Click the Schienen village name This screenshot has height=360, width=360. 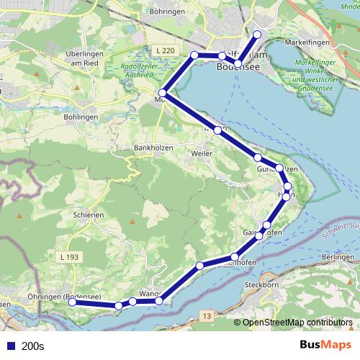[89, 215]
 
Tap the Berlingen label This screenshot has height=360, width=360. [338, 257]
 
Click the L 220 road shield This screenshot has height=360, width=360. [164, 50]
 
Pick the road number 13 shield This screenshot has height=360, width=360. [207, 315]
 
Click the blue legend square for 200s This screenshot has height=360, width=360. [10, 346]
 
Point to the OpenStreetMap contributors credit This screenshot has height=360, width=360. [297, 323]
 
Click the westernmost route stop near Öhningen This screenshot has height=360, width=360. [72, 303]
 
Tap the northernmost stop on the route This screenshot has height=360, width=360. [257, 35]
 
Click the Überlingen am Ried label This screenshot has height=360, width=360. [86, 58]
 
